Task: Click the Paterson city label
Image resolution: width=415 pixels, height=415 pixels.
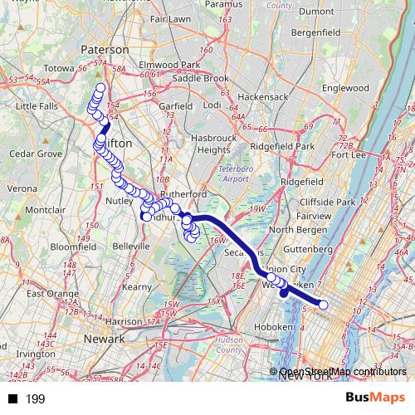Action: (x=105, y=50)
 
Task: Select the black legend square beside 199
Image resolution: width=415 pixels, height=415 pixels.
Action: (x=12, y=399)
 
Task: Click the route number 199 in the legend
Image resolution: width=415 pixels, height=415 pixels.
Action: (x=35, y=399)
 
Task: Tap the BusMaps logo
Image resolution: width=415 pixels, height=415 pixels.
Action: (x=375, y=398)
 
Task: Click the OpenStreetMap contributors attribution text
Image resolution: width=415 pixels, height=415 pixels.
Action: (x=342, y=372)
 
